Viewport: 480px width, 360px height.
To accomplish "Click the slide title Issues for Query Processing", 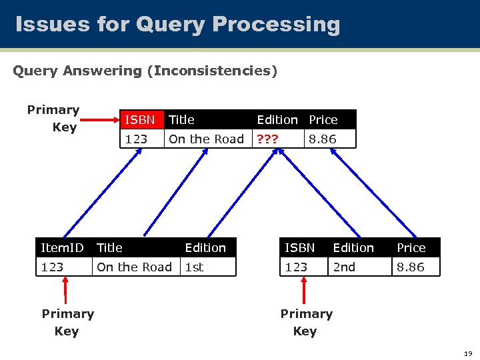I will click(177, 25).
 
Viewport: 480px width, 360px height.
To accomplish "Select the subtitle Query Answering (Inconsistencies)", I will click(145, 70).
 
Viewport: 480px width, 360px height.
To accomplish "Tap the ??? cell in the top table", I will click(269, 139).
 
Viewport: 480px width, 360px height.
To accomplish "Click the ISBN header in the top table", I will click(139, 120).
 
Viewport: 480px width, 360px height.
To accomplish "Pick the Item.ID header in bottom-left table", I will click(62, 248).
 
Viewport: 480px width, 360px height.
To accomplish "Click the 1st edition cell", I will click(194, 267).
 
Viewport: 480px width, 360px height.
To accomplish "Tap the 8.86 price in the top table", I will click(323, 139).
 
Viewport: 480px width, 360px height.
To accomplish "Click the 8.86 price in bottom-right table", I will click(411, 267).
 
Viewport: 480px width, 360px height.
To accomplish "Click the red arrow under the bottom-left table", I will click(65, 291).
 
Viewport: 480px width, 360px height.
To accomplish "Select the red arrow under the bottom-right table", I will click(304, 291).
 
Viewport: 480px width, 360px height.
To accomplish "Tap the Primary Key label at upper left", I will click(53, 118).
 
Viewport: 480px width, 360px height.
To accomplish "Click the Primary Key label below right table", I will click(306, 322).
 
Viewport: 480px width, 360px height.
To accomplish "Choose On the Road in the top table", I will click(206, 139).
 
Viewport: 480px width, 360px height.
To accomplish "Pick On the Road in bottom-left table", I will click(134, 267).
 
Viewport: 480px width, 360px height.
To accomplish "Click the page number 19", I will click(467, 353).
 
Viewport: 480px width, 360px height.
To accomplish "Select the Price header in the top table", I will click(323, 120).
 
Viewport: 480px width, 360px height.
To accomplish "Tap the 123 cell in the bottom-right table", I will click(296, 267).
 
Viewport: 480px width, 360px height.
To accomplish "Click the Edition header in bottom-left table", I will click(205, 248).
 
